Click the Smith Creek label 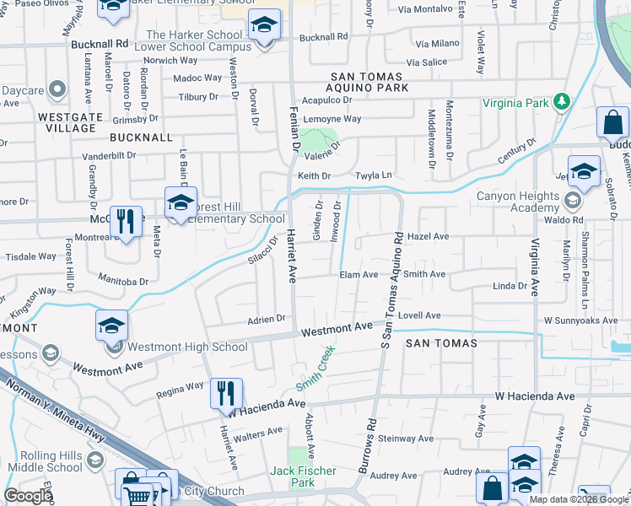point(315,368)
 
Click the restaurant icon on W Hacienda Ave point(226,393)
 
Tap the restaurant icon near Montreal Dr point(126,223)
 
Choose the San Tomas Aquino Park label point(368,88)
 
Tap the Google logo point(28,495)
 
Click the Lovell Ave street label point(420,315)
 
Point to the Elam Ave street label point(359,275)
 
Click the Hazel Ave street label point(429,237)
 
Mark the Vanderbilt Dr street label point(109,155)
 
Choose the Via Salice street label point(426,62)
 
